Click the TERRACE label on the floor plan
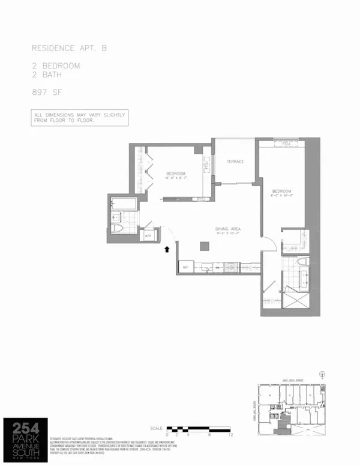(235, 162)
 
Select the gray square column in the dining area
(205, 245)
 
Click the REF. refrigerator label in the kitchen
(186, 267)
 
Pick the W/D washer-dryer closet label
(148, 236)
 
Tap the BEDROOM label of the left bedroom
(176, 174)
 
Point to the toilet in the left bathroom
(119, 229)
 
